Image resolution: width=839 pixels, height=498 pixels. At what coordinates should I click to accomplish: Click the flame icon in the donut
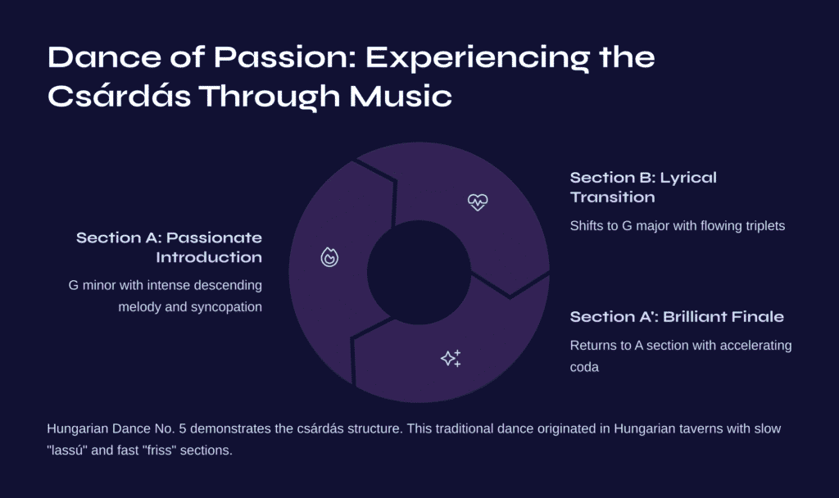point(329,257)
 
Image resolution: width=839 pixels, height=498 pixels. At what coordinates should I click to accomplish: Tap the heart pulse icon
point(478,202)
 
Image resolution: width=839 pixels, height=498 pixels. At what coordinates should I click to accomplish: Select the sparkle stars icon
point(451,359)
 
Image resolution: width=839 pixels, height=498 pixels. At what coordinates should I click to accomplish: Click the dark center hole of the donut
point(419,272)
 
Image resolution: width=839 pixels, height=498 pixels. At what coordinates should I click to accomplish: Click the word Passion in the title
point(284,57)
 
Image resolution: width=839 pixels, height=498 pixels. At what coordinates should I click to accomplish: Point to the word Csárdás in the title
point(119,97)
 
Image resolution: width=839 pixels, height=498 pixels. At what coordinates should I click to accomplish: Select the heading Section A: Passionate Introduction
point(169,247)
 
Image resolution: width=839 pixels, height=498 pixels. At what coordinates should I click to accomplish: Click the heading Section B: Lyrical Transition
point(643,188)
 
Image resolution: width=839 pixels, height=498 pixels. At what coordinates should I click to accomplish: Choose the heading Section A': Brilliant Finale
point(677,317)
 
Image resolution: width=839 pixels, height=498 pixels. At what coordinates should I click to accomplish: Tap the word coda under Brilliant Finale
point(584,367)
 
